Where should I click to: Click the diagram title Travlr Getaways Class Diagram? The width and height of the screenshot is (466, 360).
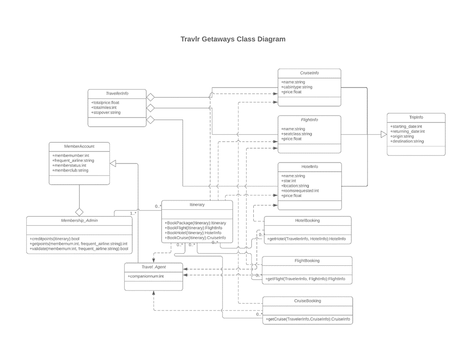point(233,39)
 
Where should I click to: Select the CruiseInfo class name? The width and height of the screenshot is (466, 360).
point(309,74)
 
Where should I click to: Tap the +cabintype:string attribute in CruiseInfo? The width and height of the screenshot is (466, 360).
point(296,87)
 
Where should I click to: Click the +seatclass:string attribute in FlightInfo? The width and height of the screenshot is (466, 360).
point(296,134)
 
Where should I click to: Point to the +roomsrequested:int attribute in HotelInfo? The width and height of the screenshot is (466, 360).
point(300,191)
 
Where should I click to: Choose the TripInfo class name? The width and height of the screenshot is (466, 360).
point(415,118)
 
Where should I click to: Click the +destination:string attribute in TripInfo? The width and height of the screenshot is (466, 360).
point(407,142)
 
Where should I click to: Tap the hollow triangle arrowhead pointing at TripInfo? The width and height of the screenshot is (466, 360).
point(383,135)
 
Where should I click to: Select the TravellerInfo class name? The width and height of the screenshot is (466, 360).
point(117,93)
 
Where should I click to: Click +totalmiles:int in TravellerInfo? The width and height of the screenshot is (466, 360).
point(104,108)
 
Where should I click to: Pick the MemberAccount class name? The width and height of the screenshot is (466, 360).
point(79,146)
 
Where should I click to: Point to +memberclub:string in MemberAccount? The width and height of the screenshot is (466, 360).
point(70,170)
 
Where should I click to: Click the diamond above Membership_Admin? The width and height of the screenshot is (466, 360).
point(79,212)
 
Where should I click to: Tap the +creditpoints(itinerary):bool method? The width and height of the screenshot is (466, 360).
point(54,239)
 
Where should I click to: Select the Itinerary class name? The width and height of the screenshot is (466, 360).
point(197,205)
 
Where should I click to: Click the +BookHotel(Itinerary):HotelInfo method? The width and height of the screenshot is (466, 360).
point(193,233)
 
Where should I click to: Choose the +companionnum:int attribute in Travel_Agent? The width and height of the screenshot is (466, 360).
point(146,276)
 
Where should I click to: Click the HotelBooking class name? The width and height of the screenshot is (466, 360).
point(307,221)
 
